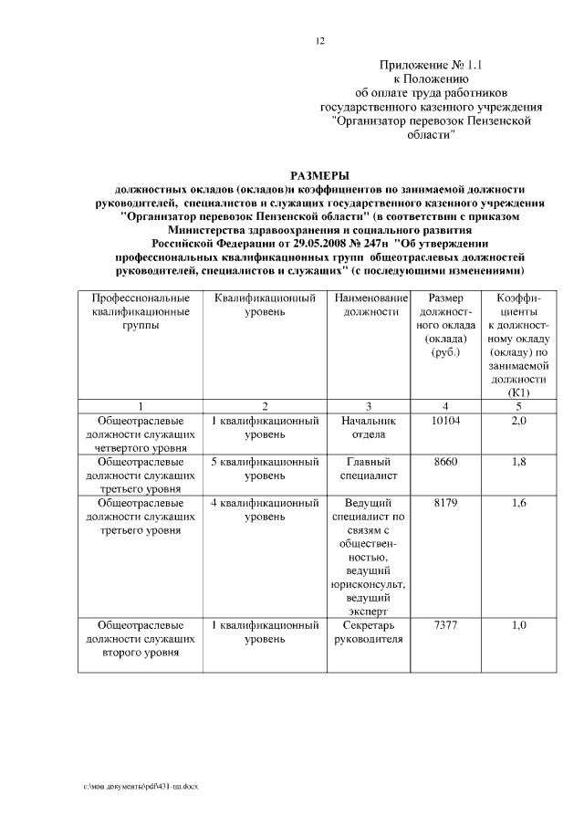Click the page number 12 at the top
click(318, 41)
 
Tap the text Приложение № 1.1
click(433, 65)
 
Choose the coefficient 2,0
click(518, 422)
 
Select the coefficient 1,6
click(518, 503)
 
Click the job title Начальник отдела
click(369, 428)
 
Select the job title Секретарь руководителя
click(369, 633)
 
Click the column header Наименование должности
click(369, 306)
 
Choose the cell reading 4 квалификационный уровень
click(265, 509)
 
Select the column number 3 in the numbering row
click(369, 405)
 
